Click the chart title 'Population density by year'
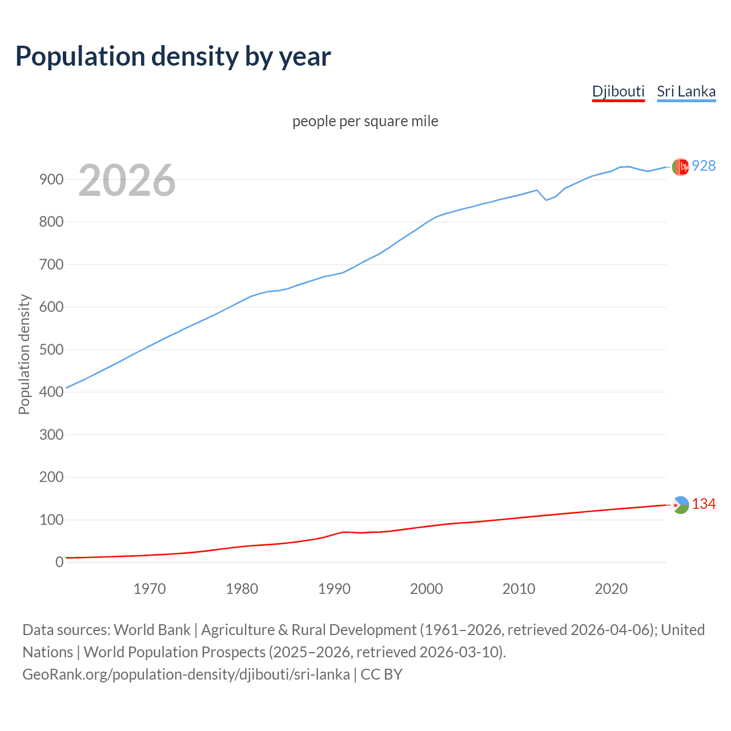point(173,57)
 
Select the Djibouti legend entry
point(618,91)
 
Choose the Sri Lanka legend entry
point(686,91)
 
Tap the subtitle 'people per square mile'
point(365,121)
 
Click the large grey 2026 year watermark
point(127,180)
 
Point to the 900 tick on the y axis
point(51,179)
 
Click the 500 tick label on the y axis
point(51,350)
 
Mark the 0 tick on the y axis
point(59,562)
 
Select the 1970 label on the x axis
point(150,589)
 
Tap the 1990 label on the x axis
point(334,589)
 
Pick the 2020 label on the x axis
point(611,589)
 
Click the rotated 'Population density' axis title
point(24,354)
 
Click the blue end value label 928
point(704,166)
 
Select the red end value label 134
point(704,504)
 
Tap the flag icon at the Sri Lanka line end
point(680,167)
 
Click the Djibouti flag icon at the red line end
point(680,505)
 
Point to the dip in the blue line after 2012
point(546,200)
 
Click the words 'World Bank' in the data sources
point(152,630)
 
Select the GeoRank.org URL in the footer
point(186,674)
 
